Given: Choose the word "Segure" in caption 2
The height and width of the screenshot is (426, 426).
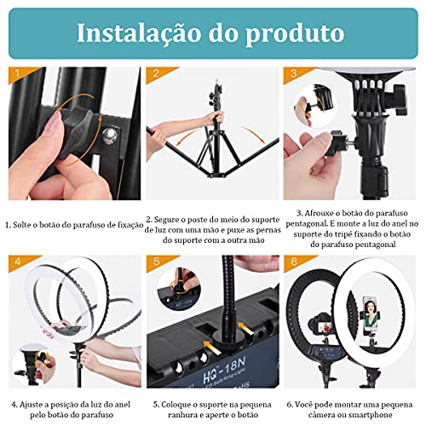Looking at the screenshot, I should coord(172,218).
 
